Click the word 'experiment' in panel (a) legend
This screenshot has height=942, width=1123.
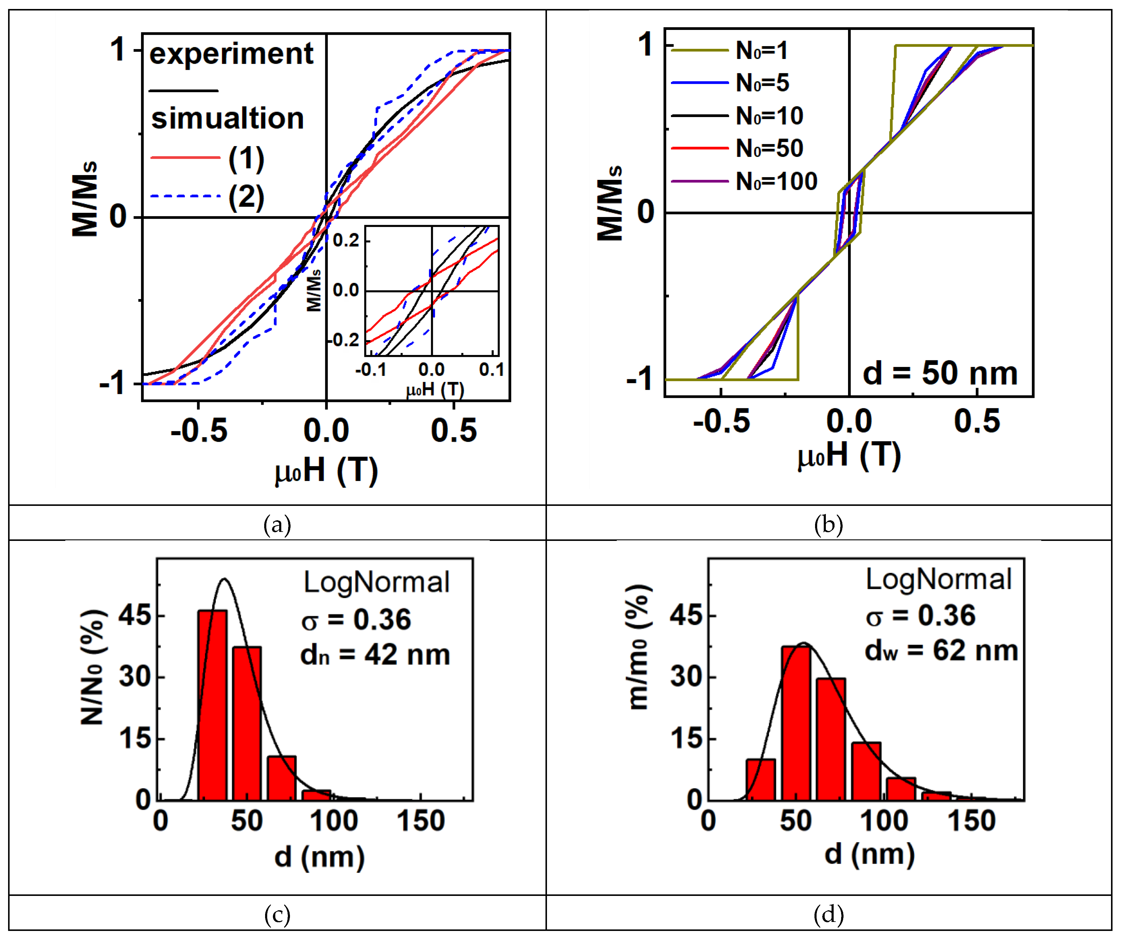pos(231,54)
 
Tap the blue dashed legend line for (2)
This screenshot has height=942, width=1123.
pos(185,196)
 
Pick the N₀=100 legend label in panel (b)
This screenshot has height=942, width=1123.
pos(776,182)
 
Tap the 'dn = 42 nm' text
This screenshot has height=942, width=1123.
pos(375,655)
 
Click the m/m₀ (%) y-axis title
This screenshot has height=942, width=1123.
pos(639,647)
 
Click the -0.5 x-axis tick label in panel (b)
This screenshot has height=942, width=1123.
pos(721,421)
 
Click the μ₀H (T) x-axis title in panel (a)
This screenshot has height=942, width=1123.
pos(326,471)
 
